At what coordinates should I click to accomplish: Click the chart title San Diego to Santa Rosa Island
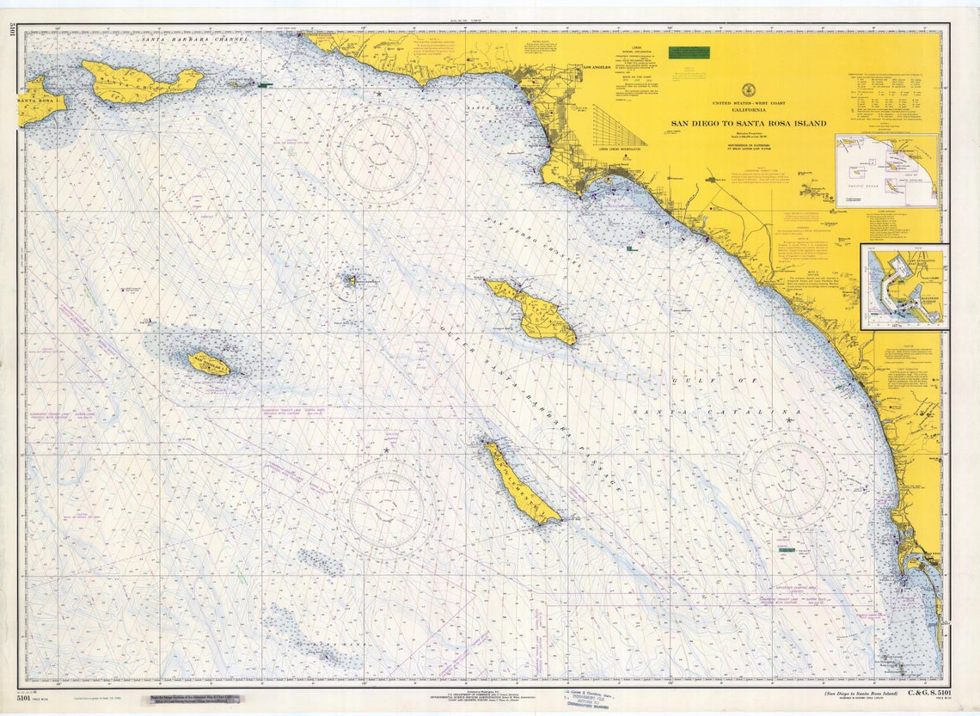click(748, 123)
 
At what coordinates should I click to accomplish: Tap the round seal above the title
click(748, 89)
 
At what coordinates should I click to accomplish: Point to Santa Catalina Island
click(533, 311)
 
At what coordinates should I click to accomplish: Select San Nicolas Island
click(209, 364)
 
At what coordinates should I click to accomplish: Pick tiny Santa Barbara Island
click(351, 279)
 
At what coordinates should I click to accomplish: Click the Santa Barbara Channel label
click(195, 40)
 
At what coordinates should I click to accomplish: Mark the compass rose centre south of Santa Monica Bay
click(379, 154)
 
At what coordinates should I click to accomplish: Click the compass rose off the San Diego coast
click(789, 478)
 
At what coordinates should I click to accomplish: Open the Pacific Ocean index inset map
click(886, 170)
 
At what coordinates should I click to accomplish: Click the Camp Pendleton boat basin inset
click(903, 286)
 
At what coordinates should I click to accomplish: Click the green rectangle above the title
click(689, 52)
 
